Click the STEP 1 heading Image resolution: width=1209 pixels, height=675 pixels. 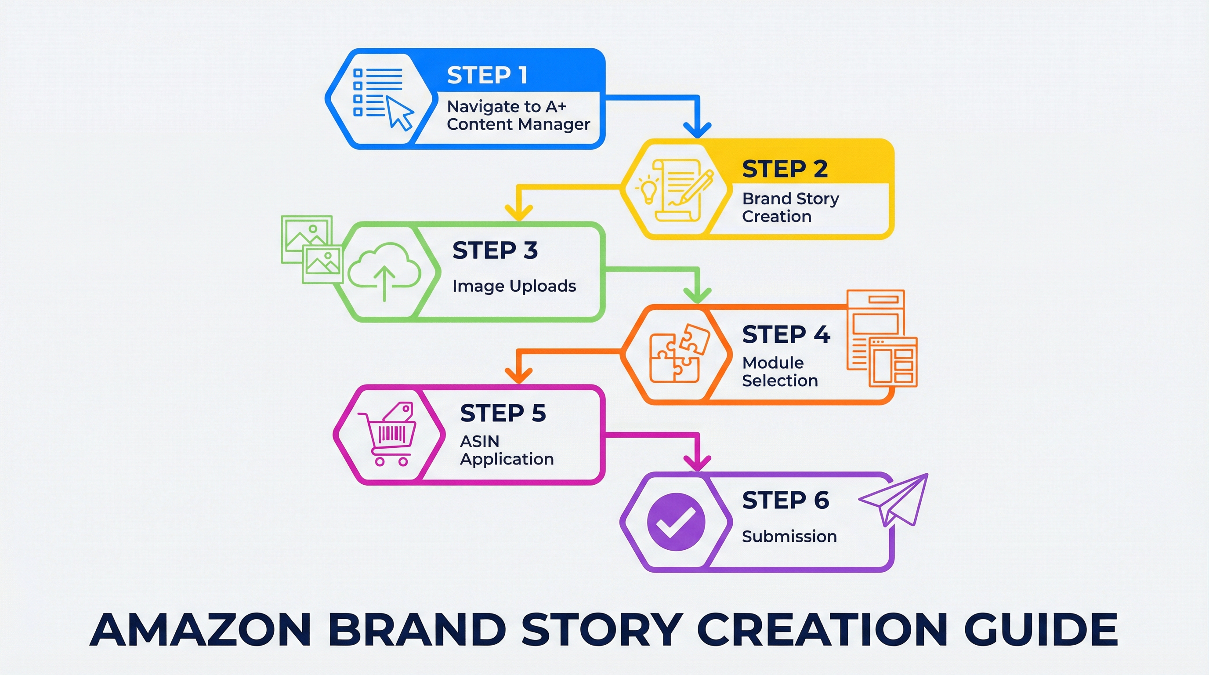[x=487, y=75]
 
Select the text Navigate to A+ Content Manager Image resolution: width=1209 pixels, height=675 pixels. [x=518, y=116]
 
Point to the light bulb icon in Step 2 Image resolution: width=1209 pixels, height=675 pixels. [x=648, y=190]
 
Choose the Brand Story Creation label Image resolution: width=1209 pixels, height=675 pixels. [x=790, y=207]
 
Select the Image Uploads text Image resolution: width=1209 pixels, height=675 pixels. [x=514, y=286]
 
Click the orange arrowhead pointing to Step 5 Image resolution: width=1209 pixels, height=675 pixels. [x=518, y=376]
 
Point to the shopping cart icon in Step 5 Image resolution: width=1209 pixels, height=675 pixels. [x=387, y=434]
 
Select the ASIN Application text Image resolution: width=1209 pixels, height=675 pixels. [x=507, y=450]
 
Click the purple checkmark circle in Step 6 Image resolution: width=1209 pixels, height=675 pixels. [x=676, y=522]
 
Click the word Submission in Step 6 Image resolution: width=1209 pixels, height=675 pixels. [x=789, y=536]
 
